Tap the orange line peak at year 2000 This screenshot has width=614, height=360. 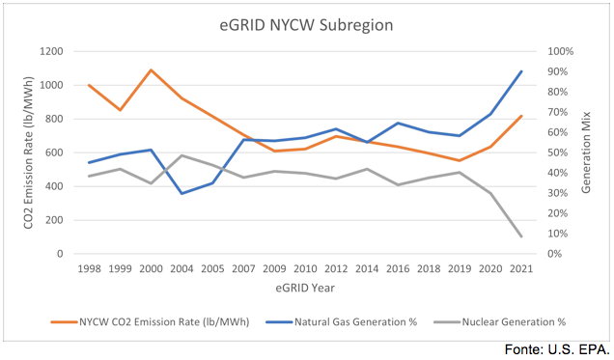150,69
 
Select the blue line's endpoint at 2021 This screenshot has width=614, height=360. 522,71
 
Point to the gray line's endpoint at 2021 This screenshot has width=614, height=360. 522,236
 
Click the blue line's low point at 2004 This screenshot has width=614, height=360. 181,193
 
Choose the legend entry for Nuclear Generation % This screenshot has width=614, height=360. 504,320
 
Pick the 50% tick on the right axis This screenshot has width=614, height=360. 559,152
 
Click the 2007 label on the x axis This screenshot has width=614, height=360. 242,269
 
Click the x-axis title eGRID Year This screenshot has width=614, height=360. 304,287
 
